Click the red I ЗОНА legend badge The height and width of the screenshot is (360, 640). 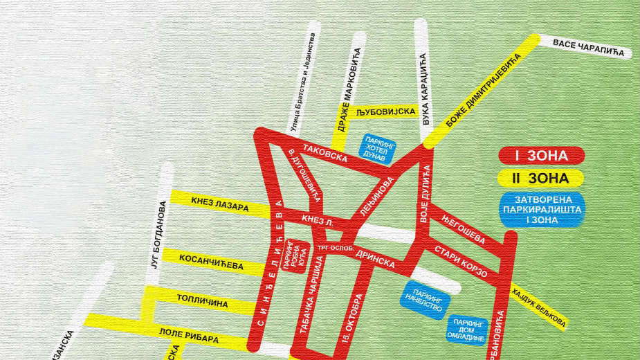coord(541,156)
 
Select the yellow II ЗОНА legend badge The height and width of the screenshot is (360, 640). coord(541,179)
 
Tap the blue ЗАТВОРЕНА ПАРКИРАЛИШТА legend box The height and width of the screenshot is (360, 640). coord(540,210)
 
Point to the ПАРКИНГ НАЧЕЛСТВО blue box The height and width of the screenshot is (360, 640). coord(425,298)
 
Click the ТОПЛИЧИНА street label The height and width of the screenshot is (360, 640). coord(203,303)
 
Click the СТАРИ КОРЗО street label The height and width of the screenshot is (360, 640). coord(461,261)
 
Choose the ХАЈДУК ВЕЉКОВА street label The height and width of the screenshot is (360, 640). coord(539,307)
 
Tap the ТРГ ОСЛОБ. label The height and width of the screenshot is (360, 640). coord(336,248)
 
